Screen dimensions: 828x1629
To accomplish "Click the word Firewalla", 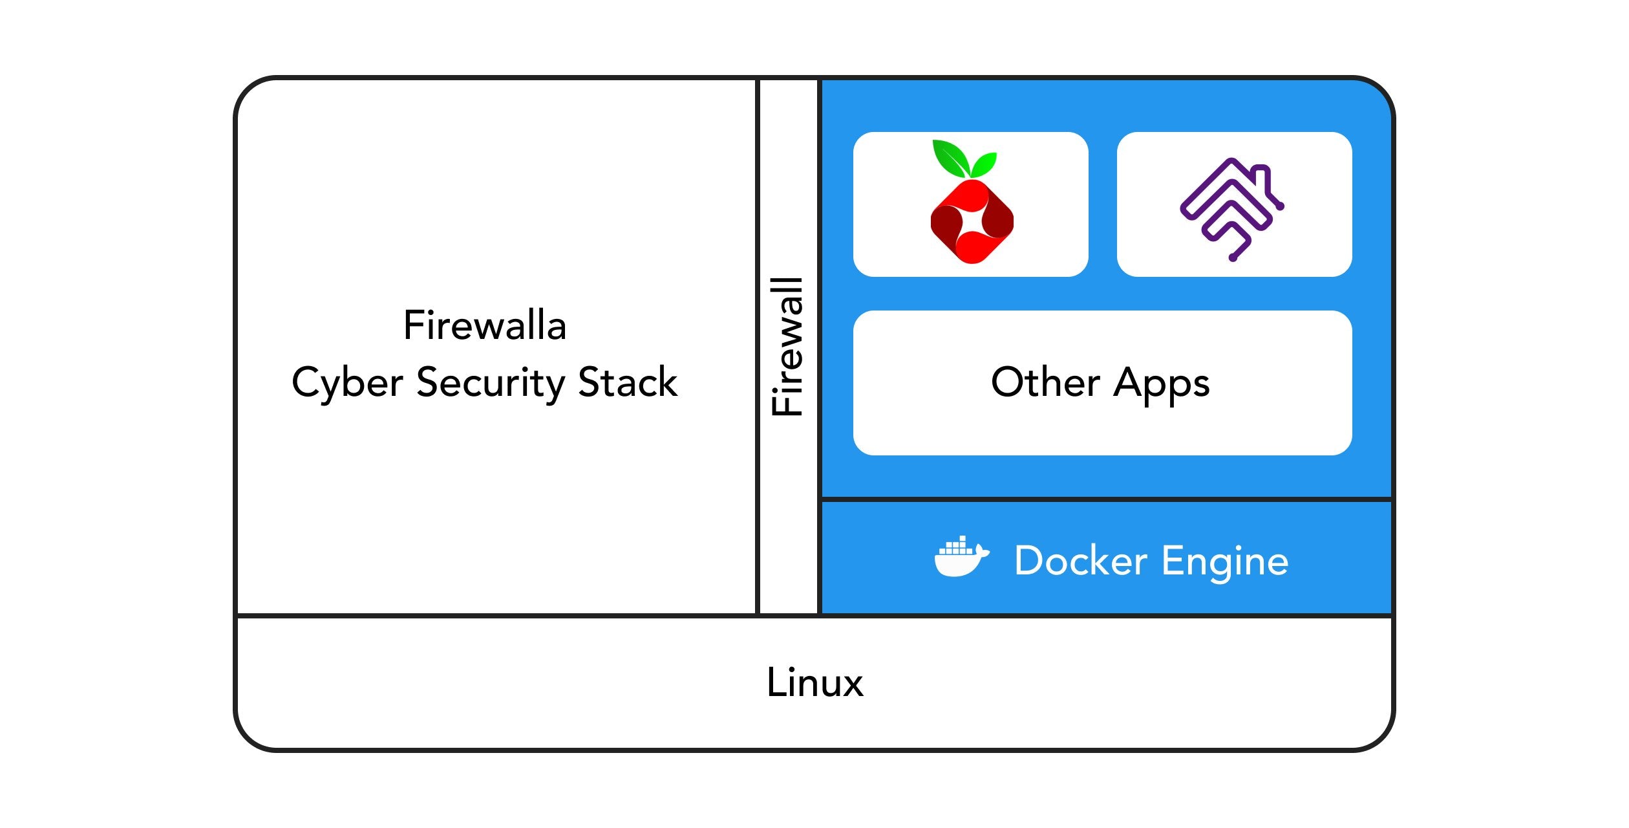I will tap(485, 325).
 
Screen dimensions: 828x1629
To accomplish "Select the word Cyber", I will tap(348, 382).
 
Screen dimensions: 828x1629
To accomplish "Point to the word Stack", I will tap(628, 382).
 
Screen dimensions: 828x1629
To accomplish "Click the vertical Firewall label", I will tap(787, 347).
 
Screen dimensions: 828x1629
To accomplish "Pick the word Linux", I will tap(814, 682).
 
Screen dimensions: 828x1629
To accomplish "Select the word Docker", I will tap(1081, 560).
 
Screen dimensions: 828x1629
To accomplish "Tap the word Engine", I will tap(1225, 561).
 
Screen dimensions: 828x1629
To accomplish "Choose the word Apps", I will tap(1161, 383).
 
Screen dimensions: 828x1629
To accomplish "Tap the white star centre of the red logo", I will tap(972, 222).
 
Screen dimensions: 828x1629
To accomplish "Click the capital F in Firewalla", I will tap(413, 325).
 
